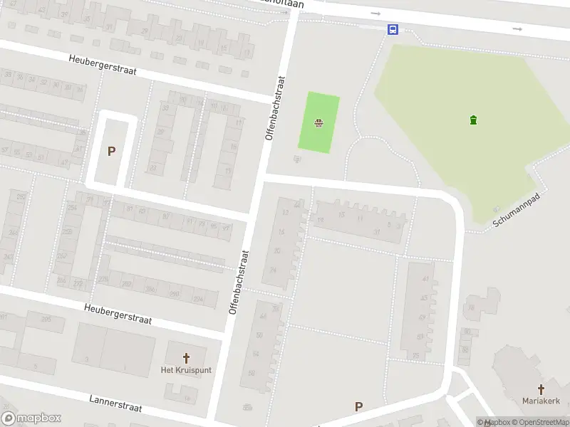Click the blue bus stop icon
click(x=393, y=29)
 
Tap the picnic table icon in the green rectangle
click(x=318, y=123)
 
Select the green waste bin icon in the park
click(x=474, y=120)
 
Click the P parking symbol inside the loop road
click(x=111, y=151)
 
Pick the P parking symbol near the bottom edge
click(x=358, y=407)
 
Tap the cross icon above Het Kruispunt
click(x=187, y=358)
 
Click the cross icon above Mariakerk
click(x=541, y=389)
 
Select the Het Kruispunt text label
click(x=187, y=371)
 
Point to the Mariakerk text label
click(x=541, y=401)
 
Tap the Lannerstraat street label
click(x=115, y=404)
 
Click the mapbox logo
click(x=31, y=418)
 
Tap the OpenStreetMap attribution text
click(x=543, y=422)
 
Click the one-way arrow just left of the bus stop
click(x=375, y=13)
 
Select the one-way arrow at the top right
click(x=517, y=28)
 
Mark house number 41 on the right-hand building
click(x=425, y=278)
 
